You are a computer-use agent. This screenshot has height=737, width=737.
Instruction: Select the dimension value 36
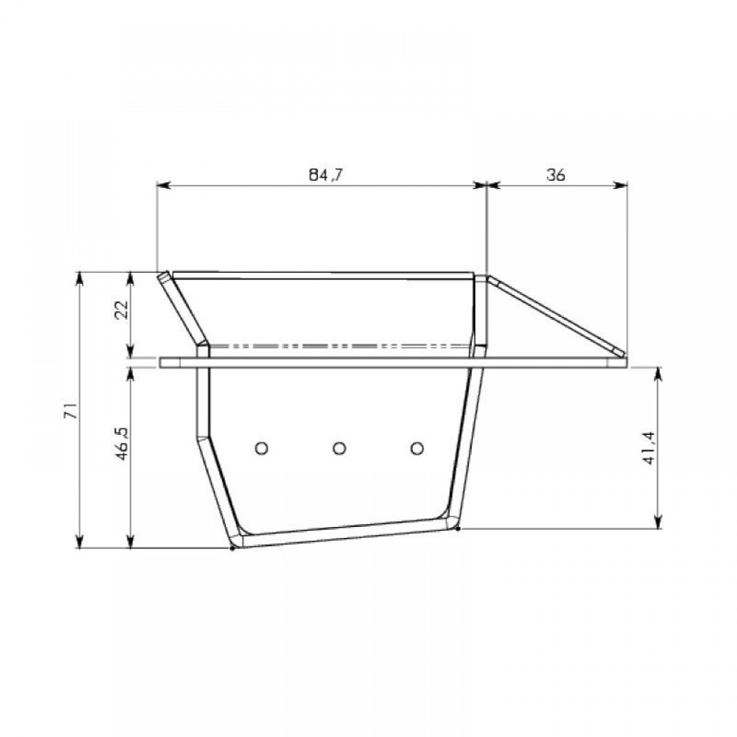[556, 175]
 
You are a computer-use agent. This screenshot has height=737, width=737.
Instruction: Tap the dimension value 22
[123, 308]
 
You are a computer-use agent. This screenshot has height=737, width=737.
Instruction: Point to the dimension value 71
[71, 411]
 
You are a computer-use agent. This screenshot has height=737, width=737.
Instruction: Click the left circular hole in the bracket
[260, 447]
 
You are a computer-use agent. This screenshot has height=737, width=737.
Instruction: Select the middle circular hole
[339, 447]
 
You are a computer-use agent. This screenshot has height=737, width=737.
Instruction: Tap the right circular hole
[417, 447]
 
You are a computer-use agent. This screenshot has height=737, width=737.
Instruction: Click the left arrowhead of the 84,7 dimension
[164, 186]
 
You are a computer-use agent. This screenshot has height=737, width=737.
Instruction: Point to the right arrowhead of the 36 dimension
[622, 186]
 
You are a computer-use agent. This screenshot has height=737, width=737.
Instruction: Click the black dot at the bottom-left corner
[233, 548]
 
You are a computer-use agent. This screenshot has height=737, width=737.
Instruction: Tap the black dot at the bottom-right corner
[458, 528]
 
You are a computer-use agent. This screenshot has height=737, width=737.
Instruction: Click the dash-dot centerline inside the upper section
[339, 345]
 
